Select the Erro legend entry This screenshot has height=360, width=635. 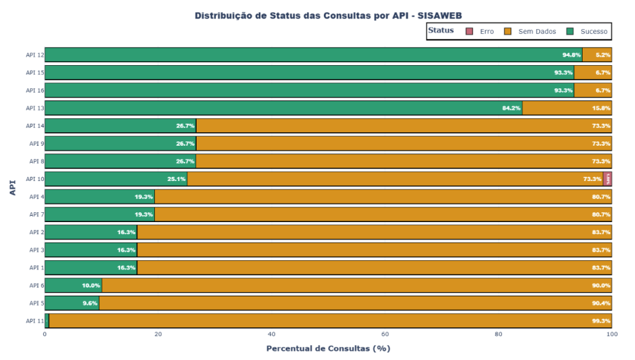click(481, 32)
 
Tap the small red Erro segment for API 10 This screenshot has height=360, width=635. click(608, 179)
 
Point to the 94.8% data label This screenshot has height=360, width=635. click(571, 54)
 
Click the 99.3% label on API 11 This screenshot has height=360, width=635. click(601, 321)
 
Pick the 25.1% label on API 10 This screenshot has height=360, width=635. click(176, 179)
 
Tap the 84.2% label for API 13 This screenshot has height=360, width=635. click(511, 108)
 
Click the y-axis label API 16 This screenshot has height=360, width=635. click(35, 91)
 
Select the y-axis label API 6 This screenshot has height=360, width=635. click(37, 285)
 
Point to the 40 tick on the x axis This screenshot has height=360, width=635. click(272, 335)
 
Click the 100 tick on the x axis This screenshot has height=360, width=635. click(612, 335)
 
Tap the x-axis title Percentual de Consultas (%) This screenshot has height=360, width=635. click(327, 348)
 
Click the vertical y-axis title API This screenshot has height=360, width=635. click(12, 187)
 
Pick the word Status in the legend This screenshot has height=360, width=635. click(441, 31)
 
